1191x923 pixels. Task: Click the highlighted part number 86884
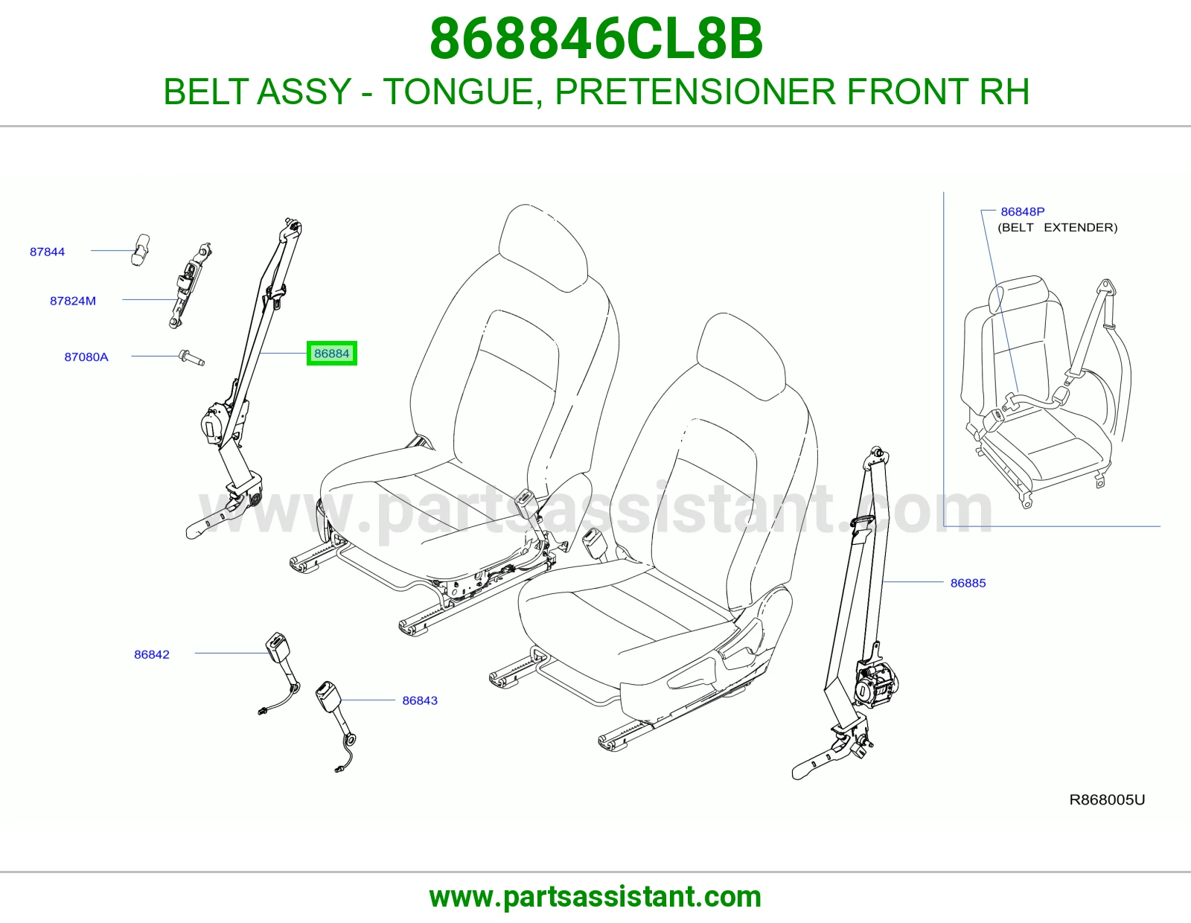[331, 354]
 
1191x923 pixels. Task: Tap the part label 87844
[47, 252]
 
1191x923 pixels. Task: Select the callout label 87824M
[73, 301]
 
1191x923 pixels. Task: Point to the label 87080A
[86, 357]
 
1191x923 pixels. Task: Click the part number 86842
[152, 654]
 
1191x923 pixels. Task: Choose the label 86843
[420, 700]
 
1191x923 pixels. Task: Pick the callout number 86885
[968, 583]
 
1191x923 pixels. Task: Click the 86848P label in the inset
[1023, 211]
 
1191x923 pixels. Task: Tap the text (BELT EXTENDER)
[1057, 228]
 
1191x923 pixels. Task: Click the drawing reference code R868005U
[1107, 800]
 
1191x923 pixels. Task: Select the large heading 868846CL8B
[596, 39]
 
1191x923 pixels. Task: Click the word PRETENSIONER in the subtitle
[695, 92]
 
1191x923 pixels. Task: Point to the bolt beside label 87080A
[192, 358]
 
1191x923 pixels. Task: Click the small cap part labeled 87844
[140, 250]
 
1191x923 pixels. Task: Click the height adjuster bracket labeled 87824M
[190, 286]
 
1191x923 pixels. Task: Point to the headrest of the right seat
[741, 357]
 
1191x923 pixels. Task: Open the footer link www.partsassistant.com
[595, 898]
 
